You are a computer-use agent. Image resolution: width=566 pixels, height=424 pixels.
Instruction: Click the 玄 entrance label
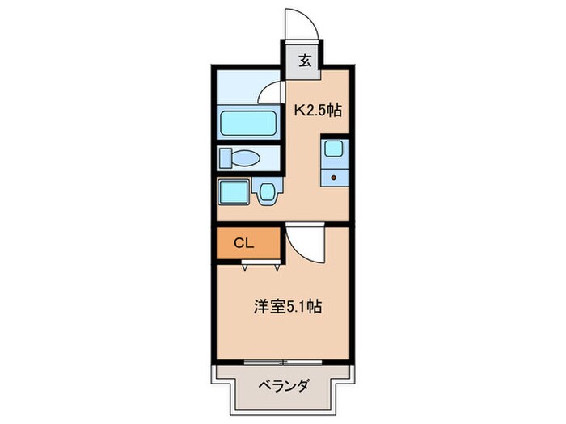pos(305,60)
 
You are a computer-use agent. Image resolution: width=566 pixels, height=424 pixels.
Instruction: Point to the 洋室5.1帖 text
pos(289,307)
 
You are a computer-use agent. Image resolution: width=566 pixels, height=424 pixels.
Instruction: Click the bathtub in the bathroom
pos(248,124)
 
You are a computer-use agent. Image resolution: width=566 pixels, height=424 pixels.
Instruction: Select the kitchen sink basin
pos(333,149)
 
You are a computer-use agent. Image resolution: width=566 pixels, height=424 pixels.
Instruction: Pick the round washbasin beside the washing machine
pos(268,191)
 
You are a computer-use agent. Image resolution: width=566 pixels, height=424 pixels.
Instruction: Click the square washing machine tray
pos(235,192)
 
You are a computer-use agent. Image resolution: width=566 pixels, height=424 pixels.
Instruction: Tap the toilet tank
pos(225,157)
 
